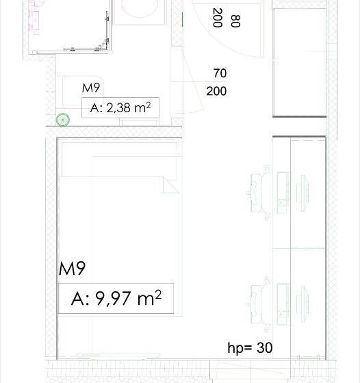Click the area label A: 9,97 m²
tap(116, 299)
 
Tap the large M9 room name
tap(73, 269)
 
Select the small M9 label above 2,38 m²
tap(92, 88)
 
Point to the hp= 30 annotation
tap(250, 348)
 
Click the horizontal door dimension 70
tap(220, 73)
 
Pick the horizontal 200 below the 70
tap(216, 91)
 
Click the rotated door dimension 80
tap(235, 21)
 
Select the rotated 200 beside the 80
tap(218, 18)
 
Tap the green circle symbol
tap(63, 120)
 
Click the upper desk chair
tap(258, 188)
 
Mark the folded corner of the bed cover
tap(169, 185)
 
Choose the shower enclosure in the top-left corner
tap(68, 24)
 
